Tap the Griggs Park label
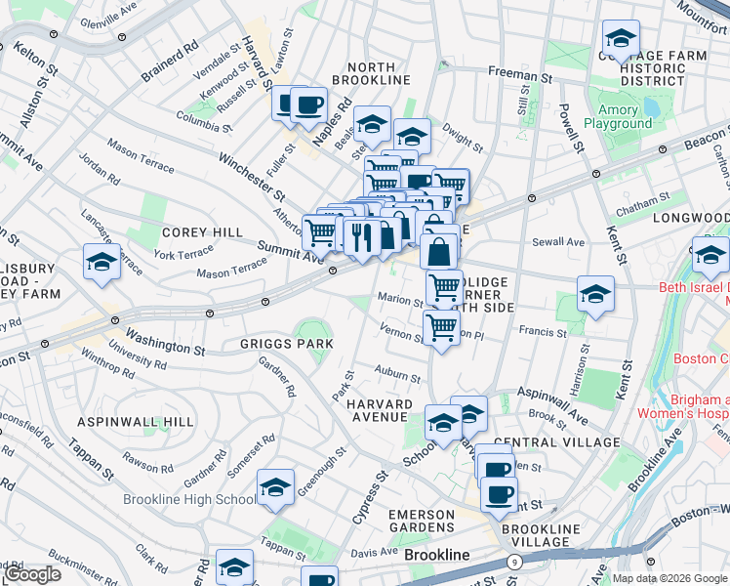coord(287,344)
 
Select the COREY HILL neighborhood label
coord(195,232)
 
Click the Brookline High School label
coord(190,499)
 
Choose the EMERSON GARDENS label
coord(422,522)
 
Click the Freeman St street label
coord(519,74)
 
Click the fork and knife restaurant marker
coord(362,236)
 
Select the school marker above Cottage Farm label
coord(621,39)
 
